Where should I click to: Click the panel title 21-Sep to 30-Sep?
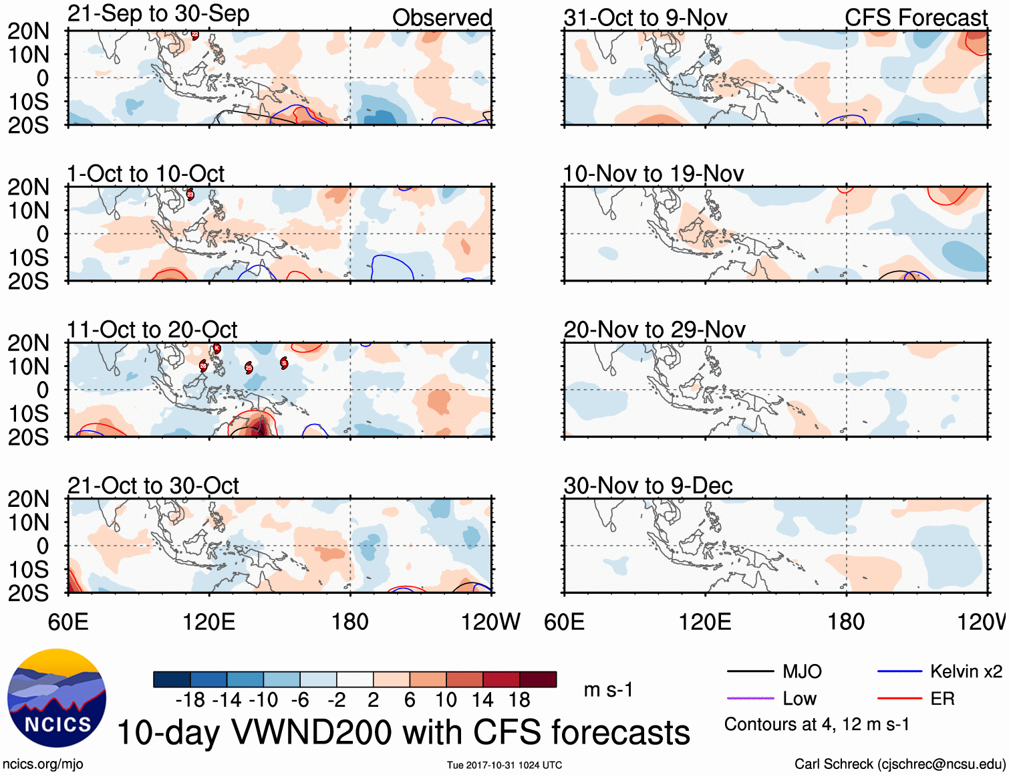pyautogui.click(x=158, y=13)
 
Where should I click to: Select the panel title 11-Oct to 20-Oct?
pyautogui.click(x=152, y=330)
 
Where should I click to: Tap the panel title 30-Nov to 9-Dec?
pyautogui.click(x=647, y=485)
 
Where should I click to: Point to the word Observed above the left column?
pyautogui.click(x=442, y=17)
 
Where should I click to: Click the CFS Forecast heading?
pyautogui.click(x=915, y=17)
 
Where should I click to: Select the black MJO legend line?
pyautogui.click(x=750, y=671)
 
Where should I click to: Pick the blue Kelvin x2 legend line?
pyautogui.click(x=899, y=671)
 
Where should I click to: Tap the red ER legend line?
pyautogui.click(x=899, y=699)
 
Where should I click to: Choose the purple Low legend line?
pyautogui.click(x=750, y=699)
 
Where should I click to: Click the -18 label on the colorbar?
pyautogui.click(x=190, y=700)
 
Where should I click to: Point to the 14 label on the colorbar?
pyautogui.click(x=482, y=700)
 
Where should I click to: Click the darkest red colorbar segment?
pyautogui.click(x=538, y=679)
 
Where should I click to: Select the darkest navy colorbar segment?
pyautogui.click(x=172, y=679)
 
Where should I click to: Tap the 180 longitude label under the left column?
pyautogui.click(x=350, y=622)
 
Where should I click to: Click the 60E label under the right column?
pyautogui.click(x=564, y=622)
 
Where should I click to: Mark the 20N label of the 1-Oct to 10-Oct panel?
pyautogui.click(x=28, y=187)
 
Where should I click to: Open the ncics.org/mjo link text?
pyautogui.click(x=43, y=764)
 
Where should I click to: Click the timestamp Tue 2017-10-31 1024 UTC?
pyautogui.click(x=504, y=765)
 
